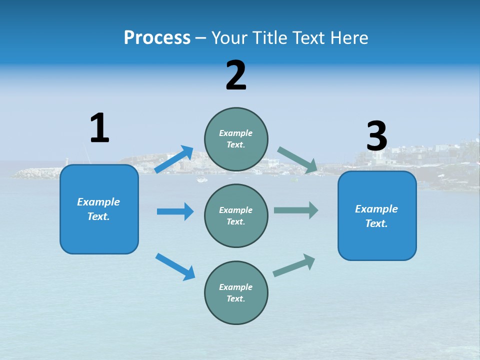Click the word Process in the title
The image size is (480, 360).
tap(157, 37)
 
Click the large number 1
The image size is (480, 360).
tap(99, 128)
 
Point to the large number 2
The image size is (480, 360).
tap(236, 75)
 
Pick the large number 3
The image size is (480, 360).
tap(376, 136)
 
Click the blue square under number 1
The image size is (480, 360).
tap(99, 209)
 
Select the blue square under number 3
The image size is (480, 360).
tap(377, 215)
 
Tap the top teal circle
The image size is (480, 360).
tap(236, 139)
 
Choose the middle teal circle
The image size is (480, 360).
tap(236, 215)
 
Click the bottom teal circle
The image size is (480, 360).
tap(236, 292)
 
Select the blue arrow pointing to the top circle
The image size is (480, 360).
tap(173, 159)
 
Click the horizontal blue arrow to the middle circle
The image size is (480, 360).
tap(175, 211)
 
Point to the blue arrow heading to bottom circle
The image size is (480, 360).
tap(175, 266)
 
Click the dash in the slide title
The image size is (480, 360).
tap(201, 38)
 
